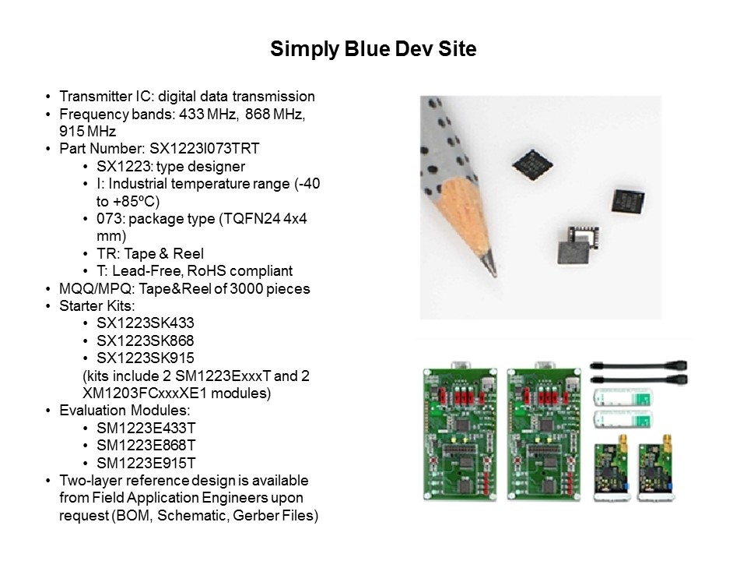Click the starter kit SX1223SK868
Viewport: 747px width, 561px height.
[x=146, y=340]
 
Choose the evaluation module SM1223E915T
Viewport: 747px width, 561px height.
[x=146, y=462]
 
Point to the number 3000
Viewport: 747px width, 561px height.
[x=244, y=288]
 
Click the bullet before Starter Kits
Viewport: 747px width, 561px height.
[x=50, y=306]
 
